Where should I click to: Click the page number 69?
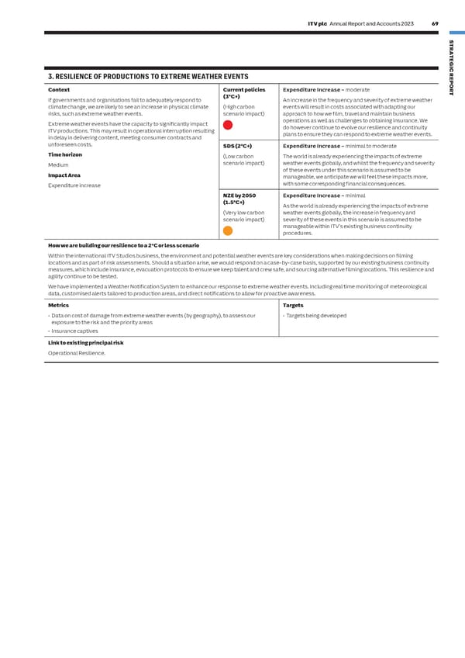pos(435,24)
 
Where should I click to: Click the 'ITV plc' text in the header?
pos(317,24)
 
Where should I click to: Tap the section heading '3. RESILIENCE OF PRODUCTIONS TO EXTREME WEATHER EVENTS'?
pos(148,77)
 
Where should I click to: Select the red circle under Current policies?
pos(228,125)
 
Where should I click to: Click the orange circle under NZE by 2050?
pos(228,230)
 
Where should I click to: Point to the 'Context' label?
pos(59,90)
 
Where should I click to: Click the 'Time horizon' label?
pos(65,154)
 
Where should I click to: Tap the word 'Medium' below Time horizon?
pos(58,164)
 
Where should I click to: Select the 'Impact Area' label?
pos(64,175)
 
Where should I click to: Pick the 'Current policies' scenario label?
pos(244,90)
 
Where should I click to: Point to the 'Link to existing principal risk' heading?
pos(85,342)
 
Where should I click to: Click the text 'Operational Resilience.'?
pos(77,353)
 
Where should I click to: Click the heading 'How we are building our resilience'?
pos(123,245)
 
